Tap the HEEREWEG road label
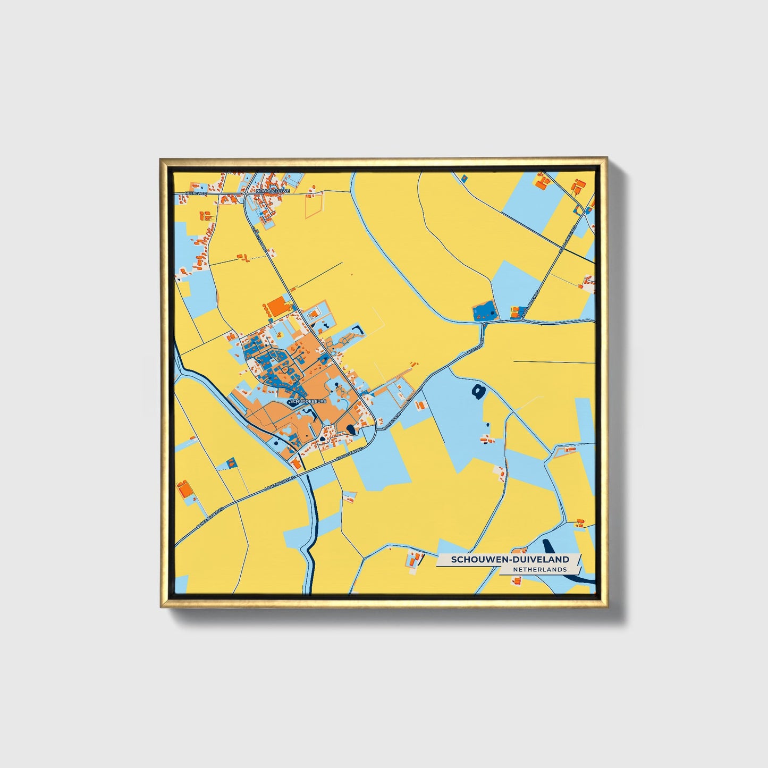click(195, 193)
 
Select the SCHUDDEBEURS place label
click(308, 401)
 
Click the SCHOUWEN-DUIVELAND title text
click(510, 559)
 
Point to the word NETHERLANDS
click(539, 569)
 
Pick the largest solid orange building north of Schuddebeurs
click(276, 307)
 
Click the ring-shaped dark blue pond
click(478, 392)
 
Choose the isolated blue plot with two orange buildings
click(231, 463)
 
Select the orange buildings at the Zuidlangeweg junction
click(514, 312)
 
